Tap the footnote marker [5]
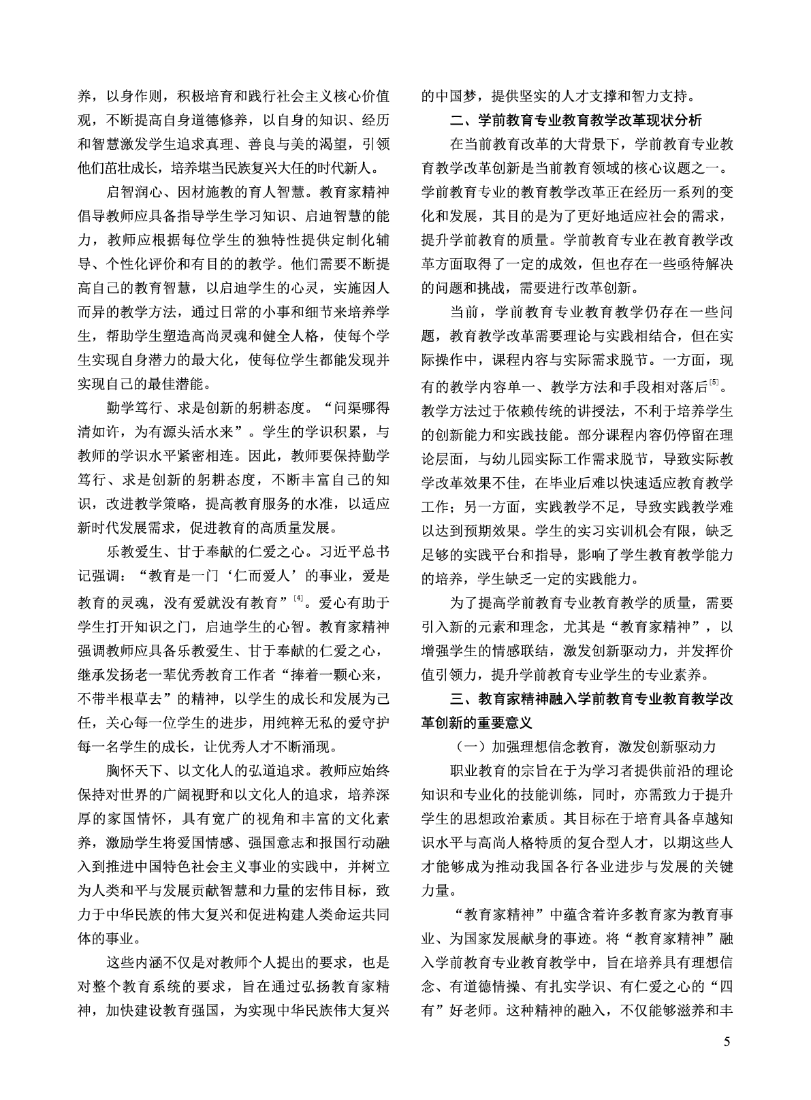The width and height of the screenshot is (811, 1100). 713,382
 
